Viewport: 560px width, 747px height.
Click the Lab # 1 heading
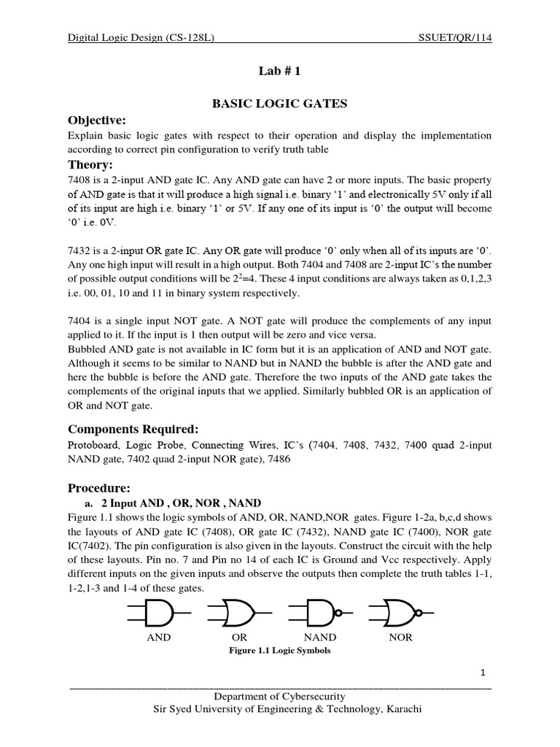pos(279,73)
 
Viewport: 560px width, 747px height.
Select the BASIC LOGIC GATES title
pos(279,104)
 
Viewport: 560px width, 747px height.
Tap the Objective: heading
pos(97,120)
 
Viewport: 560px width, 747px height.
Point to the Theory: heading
pos(90,164)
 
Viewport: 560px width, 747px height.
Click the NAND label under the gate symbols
pos(319,638)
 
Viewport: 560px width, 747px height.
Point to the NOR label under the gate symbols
pos(401,638)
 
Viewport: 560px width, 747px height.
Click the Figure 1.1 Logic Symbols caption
pos(279,651)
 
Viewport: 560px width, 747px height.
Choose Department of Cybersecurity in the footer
pos(279,697)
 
